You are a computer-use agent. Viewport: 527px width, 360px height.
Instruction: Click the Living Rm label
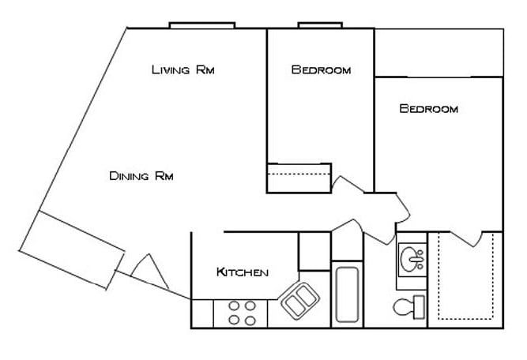(183, 70)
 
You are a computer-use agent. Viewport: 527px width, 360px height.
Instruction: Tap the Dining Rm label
(141, 176)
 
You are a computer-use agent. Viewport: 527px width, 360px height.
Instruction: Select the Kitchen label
(243, 272)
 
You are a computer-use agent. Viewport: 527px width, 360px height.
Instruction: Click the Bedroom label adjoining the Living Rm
(321, 70)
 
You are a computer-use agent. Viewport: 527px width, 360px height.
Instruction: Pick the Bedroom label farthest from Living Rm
(429, 109)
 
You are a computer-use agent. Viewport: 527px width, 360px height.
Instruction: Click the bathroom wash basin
(411, 258)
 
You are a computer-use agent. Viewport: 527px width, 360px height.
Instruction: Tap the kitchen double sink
(300, 301)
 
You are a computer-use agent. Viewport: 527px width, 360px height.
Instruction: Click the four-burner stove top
(242, 313)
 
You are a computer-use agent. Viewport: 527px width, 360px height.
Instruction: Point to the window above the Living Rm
(202, 25)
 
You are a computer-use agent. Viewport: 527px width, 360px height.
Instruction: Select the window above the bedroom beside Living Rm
(319, 25)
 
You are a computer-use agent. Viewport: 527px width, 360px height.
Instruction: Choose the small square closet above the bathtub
(314, 250)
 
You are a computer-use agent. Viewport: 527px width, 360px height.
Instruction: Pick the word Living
(171, 70)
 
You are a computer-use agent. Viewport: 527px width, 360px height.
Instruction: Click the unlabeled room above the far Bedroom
(439, 52)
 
